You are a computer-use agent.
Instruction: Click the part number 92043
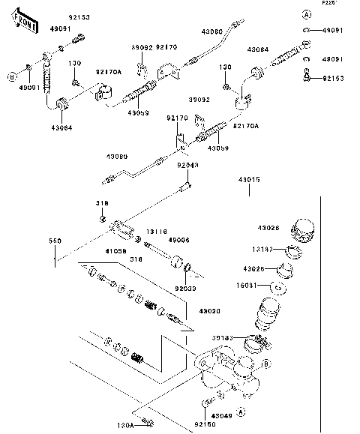pos(187,166)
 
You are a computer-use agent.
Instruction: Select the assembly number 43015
pos(249,181)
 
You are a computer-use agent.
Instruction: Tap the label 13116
pos(157,232)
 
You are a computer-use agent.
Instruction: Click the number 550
pos(55,241)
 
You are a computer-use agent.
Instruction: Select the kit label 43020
pos(189,311)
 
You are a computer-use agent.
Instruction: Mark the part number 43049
pos(222,415)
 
